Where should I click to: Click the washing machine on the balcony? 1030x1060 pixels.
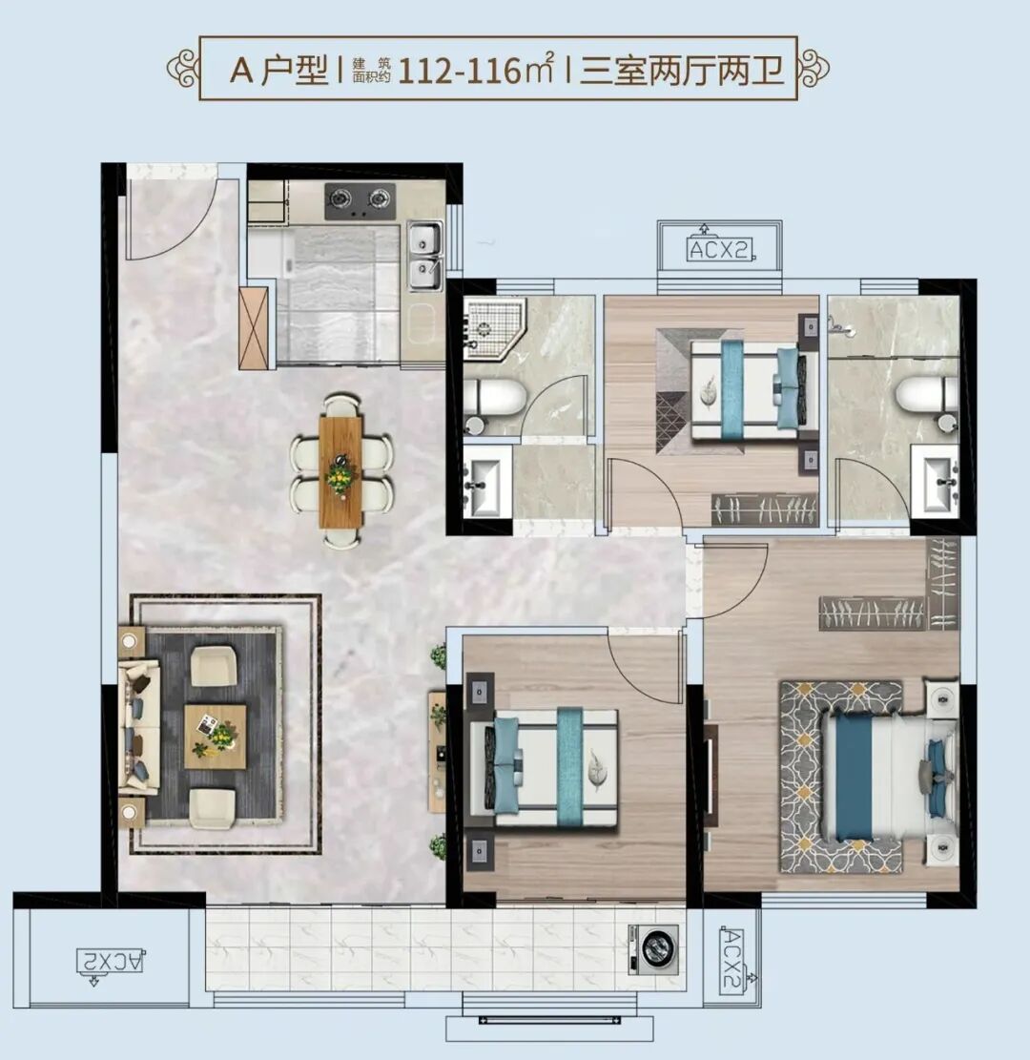(x=653, y=948)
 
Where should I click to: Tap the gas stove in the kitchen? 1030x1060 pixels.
(x=360, y=201)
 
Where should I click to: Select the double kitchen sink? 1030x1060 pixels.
(x=425, y=257)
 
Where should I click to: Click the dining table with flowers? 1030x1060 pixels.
(x=341, y=473)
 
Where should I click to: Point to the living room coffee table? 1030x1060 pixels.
(x=215, y=737)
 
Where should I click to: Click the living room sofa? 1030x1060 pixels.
(x=139, y=727)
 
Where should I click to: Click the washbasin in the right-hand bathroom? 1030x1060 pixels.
(x=935, y=481)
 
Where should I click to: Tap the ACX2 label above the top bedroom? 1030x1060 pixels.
(x=720, y=249)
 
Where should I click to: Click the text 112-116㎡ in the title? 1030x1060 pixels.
(x=476, y=70)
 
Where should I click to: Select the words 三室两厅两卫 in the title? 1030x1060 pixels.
(x=681, y=70)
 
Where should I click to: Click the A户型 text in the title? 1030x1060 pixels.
(x=278, y=70)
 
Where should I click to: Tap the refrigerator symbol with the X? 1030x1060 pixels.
(x=254, y=328)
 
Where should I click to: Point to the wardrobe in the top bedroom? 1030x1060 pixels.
(x=764, y=509)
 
